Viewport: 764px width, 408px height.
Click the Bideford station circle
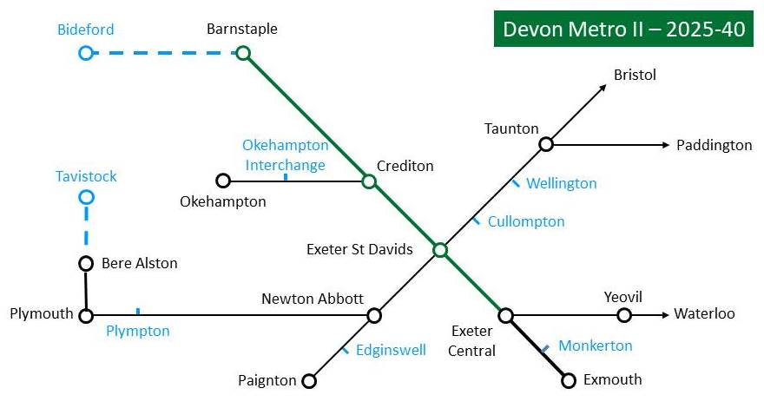85,54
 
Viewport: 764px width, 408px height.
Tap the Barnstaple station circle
243,54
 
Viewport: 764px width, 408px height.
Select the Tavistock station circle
86,197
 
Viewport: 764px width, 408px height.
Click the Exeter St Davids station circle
440,250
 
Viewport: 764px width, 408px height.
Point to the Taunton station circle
546,144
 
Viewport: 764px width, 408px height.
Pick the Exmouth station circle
569,380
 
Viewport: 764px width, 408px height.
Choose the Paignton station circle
308,380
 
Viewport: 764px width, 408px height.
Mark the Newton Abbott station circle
374,315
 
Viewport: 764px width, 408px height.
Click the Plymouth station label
42,313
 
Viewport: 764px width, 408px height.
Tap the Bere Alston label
139,263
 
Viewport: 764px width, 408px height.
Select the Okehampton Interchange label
285,155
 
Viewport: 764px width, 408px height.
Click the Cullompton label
526,221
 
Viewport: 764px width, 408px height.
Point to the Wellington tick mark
516,183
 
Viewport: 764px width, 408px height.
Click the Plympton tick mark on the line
137,311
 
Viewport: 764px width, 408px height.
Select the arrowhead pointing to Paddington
667,144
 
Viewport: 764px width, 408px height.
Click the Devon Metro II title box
623,29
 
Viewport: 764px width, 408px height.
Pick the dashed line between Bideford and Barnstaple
164,54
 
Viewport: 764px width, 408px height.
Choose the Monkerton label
595,345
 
